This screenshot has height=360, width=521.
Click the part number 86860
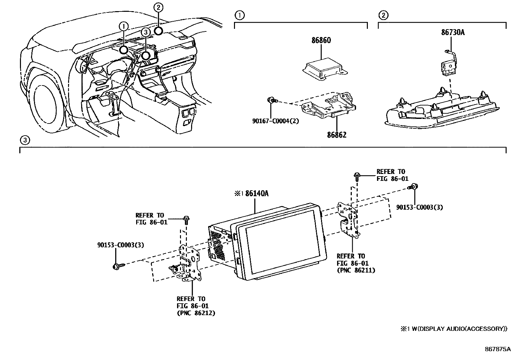tap(321, 41)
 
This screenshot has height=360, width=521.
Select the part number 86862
tap(337, 135)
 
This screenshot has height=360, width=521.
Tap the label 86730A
tap(453, 32)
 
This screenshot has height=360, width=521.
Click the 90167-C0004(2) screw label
tap(276, 121)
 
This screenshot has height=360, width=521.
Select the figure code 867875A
tap(497, 349)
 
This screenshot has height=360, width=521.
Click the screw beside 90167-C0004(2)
tap(271, 100)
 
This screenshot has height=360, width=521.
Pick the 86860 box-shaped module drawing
tap(324, 68)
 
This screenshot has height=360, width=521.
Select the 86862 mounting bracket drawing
tap(329, 106)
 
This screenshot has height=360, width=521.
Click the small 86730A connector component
tap(448, 67)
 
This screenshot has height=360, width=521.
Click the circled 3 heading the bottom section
tap(25, 140)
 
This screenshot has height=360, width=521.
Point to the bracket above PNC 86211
tap(348, 219)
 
